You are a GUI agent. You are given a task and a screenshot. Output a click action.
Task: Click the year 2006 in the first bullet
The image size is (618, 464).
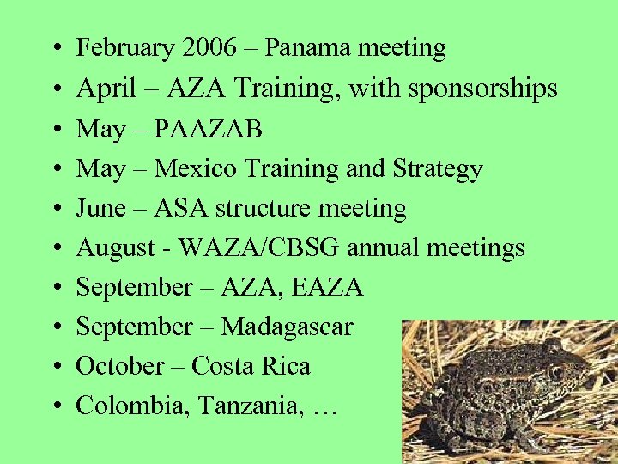211,48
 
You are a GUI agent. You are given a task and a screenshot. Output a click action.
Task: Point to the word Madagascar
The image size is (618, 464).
287,327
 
